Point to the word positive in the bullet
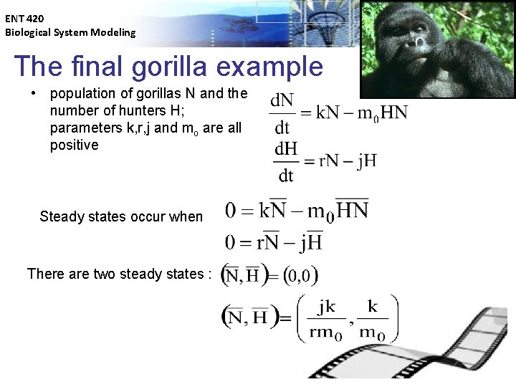tap(75, 145)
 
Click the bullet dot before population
tap(33, 94)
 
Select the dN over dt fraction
tap(282, 115)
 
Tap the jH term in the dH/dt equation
tap(365, 160)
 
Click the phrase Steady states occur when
tap(121, 216)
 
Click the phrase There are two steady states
tap(119, 274)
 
